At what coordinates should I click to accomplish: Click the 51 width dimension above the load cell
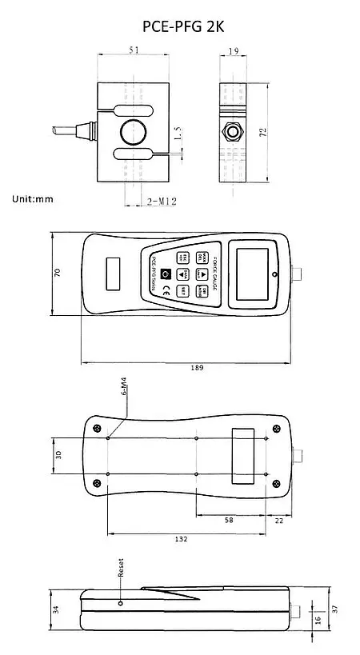[133, 50]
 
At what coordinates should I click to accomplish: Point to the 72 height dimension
[262, 130]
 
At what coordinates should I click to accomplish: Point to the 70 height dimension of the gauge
[57, 274]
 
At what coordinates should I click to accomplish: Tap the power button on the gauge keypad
[166, 274]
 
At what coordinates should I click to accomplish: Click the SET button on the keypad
[183, 290]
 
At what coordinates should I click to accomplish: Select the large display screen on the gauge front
[247, 274]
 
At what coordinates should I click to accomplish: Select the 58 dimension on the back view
[230, 520]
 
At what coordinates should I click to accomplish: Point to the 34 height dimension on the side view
[55, 609]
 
